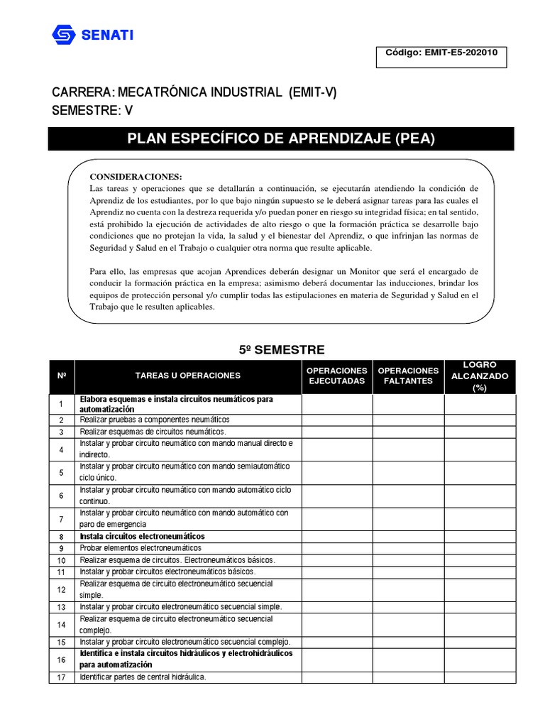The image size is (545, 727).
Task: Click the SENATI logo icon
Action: point(62,34)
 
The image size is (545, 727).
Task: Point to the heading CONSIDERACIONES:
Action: point(136,176)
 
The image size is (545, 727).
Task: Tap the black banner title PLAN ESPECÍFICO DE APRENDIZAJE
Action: point(280,138)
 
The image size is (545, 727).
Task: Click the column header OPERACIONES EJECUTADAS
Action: point(337,376)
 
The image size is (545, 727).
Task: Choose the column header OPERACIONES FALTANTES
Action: point(409,376)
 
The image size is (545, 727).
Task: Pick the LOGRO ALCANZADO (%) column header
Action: point(480,376)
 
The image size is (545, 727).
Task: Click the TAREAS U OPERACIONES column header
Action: point(188,376)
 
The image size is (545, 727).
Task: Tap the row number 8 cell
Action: point(62,537)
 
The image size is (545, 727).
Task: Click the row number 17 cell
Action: point(62,677)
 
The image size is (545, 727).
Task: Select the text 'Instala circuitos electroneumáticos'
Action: point(143,537)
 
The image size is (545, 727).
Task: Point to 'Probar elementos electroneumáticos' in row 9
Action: point(141,548)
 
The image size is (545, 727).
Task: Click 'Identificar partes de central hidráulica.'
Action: point(143,677)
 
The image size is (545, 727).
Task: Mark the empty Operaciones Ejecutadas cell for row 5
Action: point(337,472)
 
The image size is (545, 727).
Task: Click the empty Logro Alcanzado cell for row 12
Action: point(480,589)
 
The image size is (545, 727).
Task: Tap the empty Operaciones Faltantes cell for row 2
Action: point(409,420)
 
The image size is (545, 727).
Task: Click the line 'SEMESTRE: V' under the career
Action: point(92,110)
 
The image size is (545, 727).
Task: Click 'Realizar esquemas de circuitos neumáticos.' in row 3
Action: point(153,431)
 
